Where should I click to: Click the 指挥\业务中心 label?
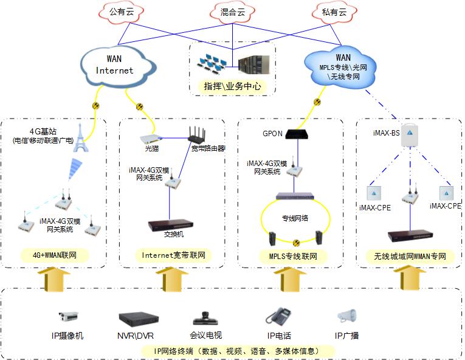[233, 87]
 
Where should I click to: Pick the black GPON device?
[297, 134]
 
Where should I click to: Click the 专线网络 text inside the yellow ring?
[296, 217]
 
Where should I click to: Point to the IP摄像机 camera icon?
[68, 317]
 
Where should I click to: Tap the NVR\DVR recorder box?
[138, 319]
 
